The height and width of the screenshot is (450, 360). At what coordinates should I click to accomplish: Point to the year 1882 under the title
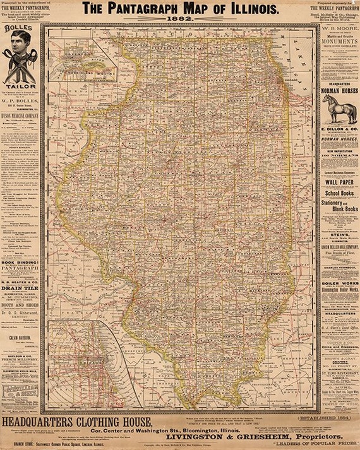click(180, 19)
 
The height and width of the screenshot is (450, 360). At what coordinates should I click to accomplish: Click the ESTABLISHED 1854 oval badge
click(338, 417)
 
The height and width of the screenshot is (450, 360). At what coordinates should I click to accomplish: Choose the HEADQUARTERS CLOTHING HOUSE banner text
click(76, 422)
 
